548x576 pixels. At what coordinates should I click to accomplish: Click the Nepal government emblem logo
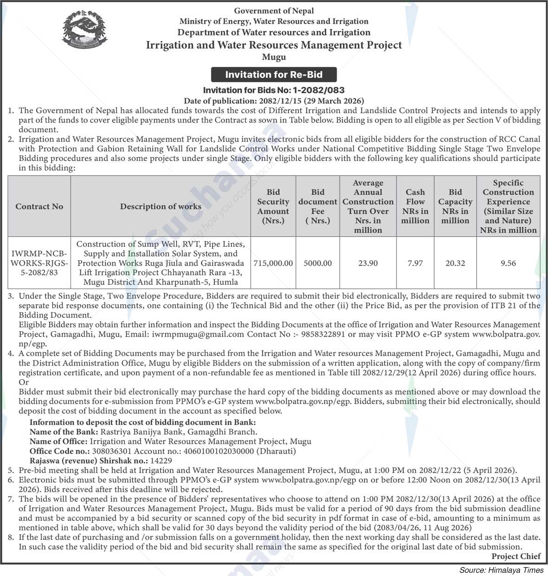tap(84, 31)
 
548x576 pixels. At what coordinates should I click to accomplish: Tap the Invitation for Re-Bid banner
tap(274, 75)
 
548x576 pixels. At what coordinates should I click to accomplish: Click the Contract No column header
tap(39, 206)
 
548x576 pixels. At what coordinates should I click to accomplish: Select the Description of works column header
tap(161, 206)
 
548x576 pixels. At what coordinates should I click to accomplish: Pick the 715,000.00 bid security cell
tap(273, 263)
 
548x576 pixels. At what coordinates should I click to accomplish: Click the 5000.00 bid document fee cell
tap(318, 263)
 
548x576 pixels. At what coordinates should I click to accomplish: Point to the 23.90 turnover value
tap(368, 263)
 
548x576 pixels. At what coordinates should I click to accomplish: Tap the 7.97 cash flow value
tap(415, 263)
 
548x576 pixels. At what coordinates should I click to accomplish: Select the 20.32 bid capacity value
tap(455, 263)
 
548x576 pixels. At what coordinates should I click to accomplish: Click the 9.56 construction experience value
tap(508, 263)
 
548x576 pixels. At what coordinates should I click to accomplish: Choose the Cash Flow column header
tap(415, 206)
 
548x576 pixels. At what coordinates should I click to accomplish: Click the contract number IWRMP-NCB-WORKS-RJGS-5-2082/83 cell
tap(39, 263)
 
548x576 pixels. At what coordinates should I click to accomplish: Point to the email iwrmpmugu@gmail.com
tap(197, 334)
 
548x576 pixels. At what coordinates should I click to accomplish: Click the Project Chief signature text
tap(516, 556)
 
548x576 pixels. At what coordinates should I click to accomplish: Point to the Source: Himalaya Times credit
tap(501, 570)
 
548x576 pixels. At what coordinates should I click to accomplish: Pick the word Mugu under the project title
tap(274, 57)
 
